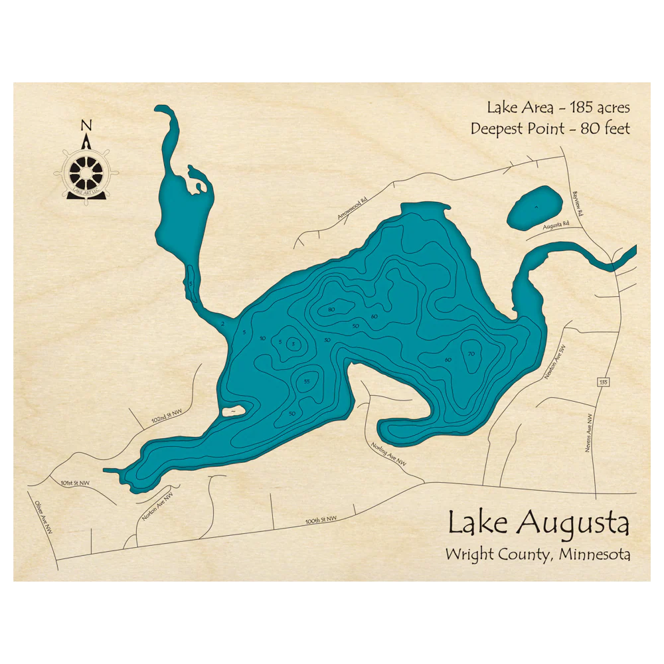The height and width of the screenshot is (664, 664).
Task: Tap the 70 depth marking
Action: tap(471, 353)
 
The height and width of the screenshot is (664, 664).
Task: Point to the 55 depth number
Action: tap(306, 381)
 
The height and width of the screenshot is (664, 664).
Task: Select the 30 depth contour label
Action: tap(327, 340)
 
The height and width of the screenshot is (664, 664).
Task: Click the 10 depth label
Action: tap(263, 339)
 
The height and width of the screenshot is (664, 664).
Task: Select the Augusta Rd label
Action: tap(556, 225)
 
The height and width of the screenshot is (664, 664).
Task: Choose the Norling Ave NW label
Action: tap(388, 455)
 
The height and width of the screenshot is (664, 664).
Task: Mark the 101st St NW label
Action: tap(74, 483)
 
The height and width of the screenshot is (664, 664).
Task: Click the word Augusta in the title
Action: tap(574, 523)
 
